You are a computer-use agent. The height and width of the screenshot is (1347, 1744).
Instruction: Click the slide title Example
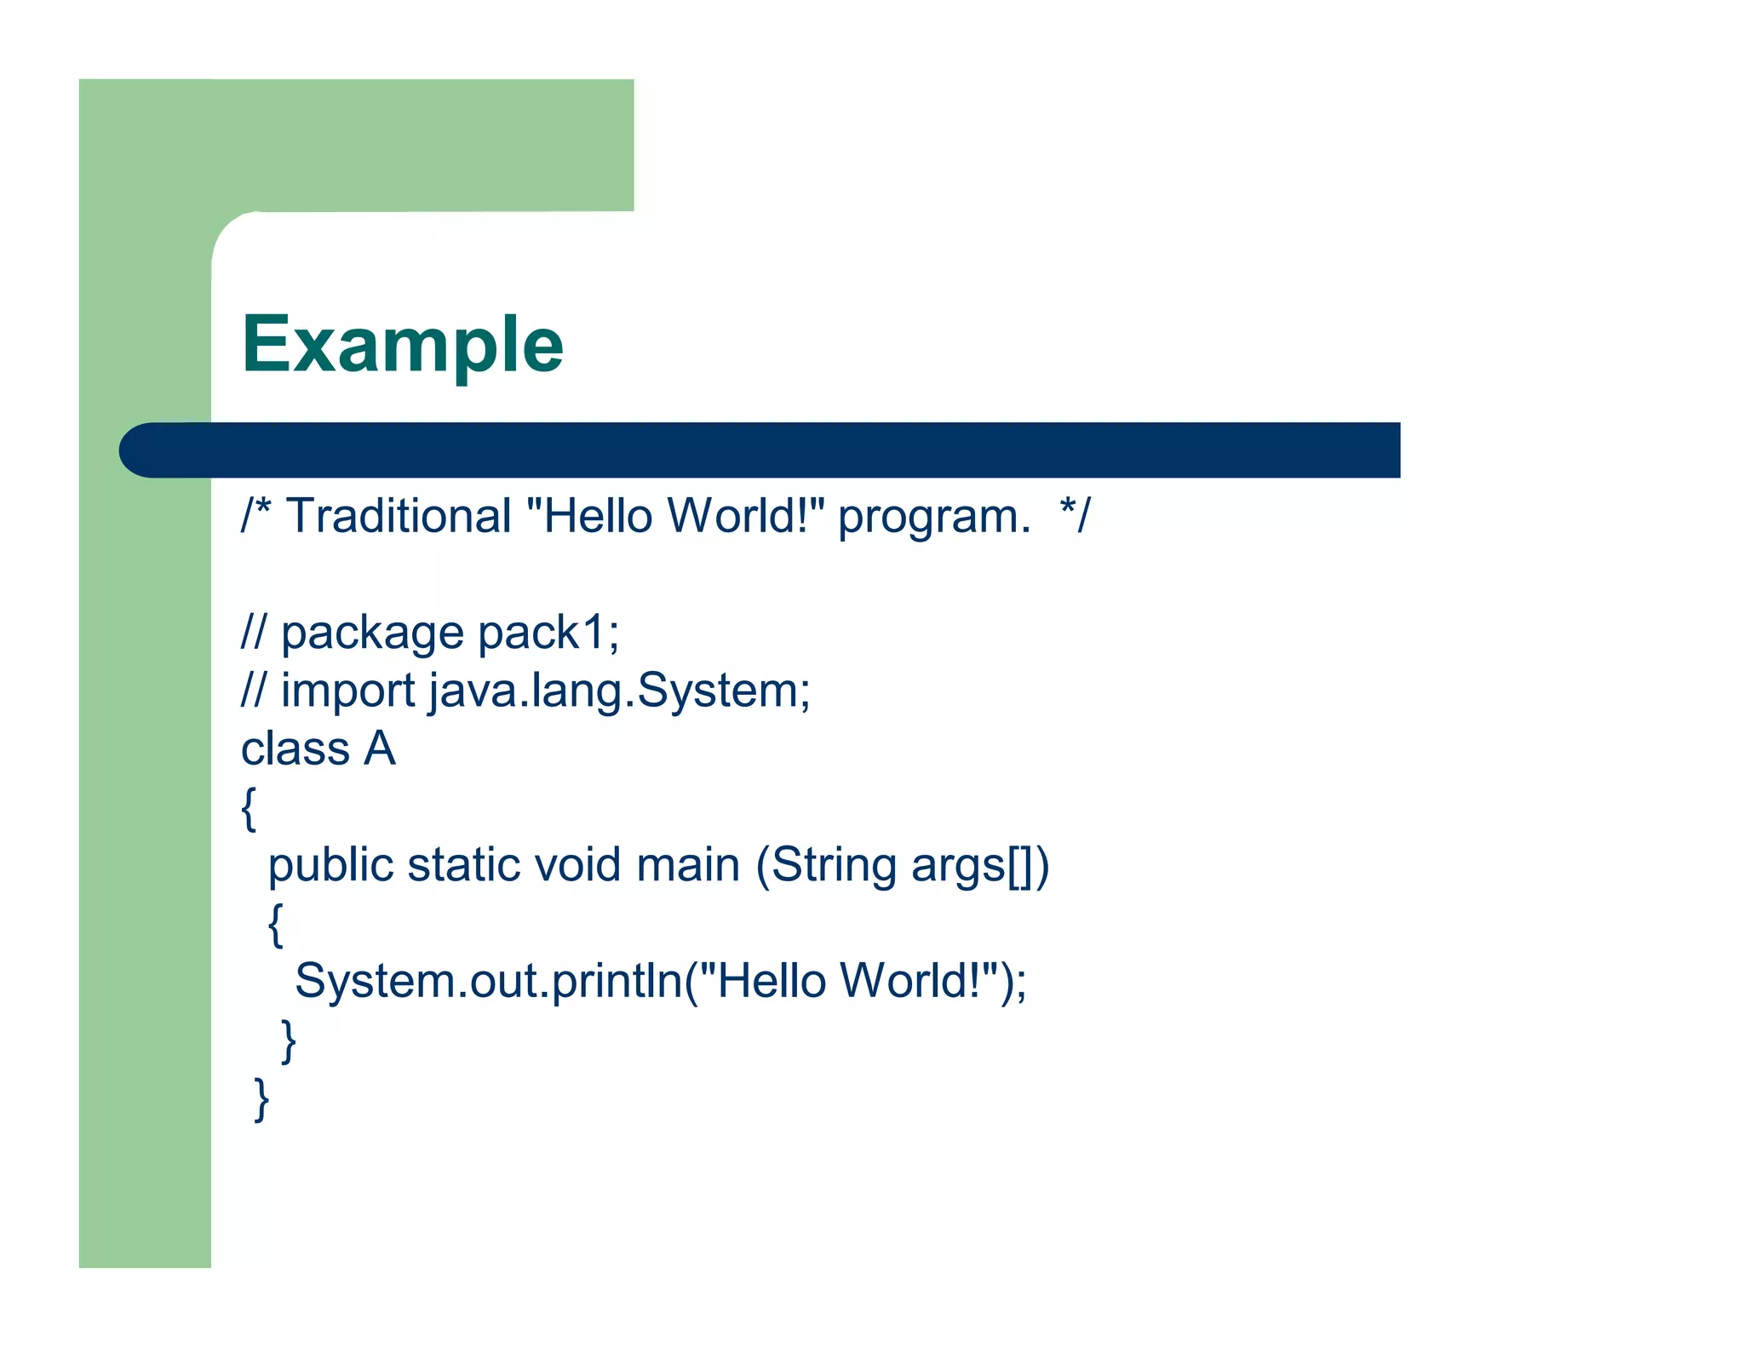[x=402, y=345]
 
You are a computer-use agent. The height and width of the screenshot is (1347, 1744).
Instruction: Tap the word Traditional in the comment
[x=398, y=516]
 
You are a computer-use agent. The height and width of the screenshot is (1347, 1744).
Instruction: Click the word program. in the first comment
[x=933, y=518]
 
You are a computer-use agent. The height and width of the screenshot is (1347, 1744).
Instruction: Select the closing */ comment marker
[x=1075, y=516]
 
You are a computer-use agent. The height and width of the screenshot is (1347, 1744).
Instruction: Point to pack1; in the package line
[x=548, y=633]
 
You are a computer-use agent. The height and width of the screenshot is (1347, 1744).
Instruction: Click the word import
[x=347, y=691]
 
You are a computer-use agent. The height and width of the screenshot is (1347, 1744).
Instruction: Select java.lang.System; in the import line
[x=619, y=691]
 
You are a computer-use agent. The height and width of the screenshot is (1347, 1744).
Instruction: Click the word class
[x=295, y=749]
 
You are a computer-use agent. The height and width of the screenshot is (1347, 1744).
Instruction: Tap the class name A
[x=380, y=748]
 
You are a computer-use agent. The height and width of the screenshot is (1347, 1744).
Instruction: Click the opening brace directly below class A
[x=249, y=808]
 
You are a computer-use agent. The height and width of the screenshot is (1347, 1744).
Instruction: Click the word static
[x=463, y=865]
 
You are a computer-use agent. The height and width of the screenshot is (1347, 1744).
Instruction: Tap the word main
[x=688, y=865]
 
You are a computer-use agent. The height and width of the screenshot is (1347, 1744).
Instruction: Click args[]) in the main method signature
[x=980, y=867]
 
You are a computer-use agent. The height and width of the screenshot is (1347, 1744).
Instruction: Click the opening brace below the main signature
[x=275, y=925]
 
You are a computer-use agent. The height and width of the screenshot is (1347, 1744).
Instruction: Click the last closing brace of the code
[x=262, y=1099]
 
